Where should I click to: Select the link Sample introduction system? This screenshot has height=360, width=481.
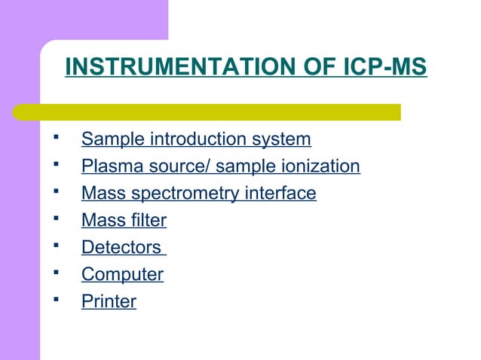pos(196,139)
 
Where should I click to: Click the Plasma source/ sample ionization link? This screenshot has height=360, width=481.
pos(220,166)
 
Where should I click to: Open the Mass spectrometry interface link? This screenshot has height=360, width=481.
pos(198,194)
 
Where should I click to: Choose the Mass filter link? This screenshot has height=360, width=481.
pos(124,221)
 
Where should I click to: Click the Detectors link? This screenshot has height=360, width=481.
pos(121,248)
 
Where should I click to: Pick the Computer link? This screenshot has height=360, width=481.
pos(122,275)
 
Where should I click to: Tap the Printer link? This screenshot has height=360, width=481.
pos(109,302)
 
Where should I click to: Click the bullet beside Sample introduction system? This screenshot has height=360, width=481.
pos(57,138)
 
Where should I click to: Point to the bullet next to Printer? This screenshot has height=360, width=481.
pos(57,301)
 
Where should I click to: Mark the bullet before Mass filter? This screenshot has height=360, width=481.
pos(57,219)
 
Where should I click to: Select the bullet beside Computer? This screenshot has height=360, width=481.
pos(57,273)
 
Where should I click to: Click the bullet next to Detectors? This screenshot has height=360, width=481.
pos(57,246)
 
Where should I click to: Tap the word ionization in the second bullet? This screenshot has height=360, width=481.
pos(320,166)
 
